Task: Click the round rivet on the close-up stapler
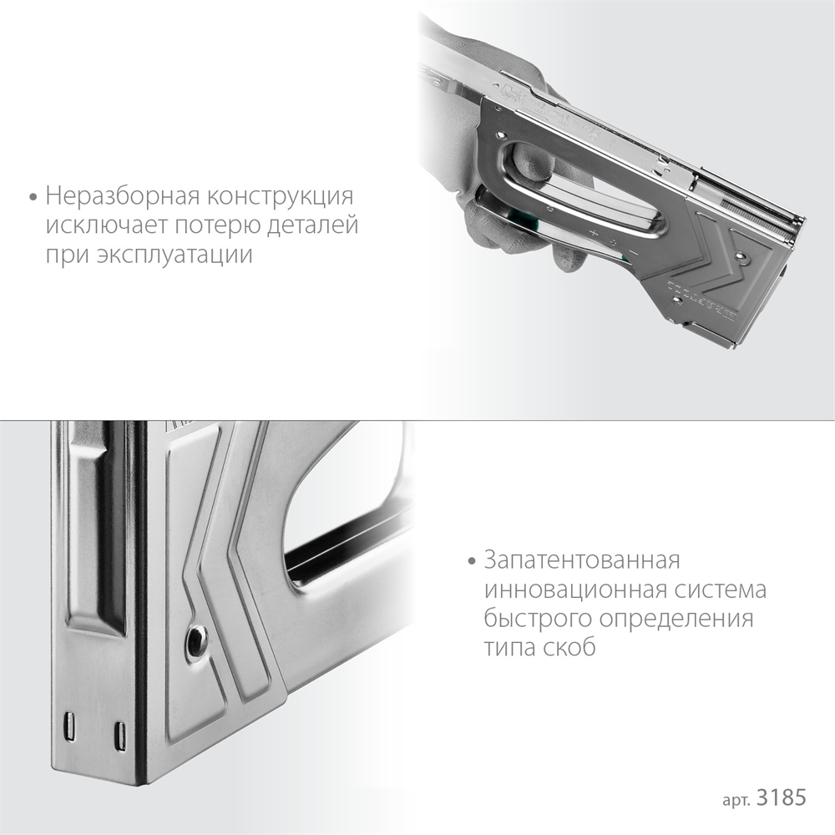click(x=196, y=640)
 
